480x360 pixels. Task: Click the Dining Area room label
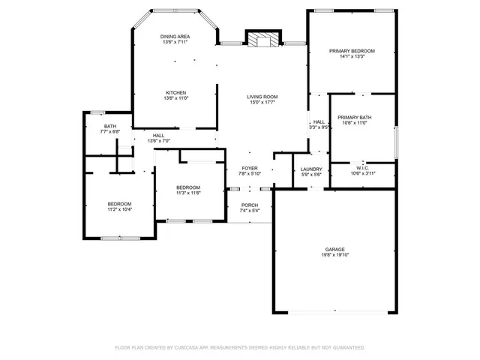(x=175, y=37)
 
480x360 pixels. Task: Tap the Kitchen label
(x=175, y=93)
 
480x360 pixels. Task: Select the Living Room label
(x=263, y=97)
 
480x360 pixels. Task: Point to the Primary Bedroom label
(x=352, y=51)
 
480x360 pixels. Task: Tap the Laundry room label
(x=311, y=169)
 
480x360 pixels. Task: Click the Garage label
(x=334, y=249)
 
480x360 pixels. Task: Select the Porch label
(x=250, y=205)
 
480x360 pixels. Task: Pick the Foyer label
(x=249, y=169)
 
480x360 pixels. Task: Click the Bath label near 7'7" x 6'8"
(x=110, y=126)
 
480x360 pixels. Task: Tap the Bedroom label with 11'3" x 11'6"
(x=188, y=187)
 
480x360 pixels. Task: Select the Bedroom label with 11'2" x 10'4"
(x=119, y=204)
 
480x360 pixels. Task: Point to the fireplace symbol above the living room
(x=262, y=39)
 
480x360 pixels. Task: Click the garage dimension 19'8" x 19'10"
(x=334, y=255)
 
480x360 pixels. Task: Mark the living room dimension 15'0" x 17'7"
(x=263, y=103)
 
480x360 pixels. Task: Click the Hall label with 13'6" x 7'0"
(x=158, y=135)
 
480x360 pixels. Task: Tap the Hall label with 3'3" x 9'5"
(x=319, y=121)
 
